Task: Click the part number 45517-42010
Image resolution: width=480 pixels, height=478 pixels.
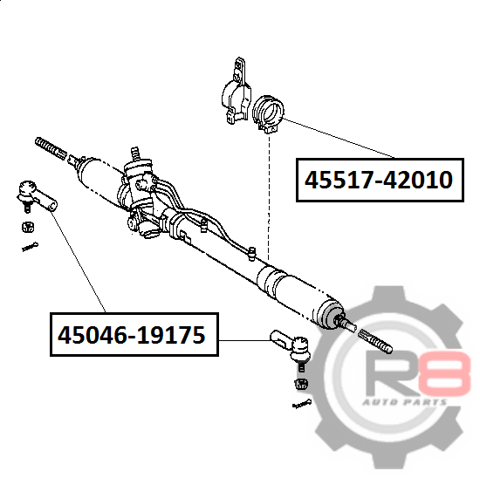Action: click(379, 180)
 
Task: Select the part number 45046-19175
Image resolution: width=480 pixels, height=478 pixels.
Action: click(132, 335)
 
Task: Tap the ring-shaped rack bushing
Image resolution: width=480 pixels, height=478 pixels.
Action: click(268, 114)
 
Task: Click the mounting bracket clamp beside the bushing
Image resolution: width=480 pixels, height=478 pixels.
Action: click(236, 91)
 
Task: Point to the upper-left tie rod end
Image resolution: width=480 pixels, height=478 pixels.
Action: click(36, 196)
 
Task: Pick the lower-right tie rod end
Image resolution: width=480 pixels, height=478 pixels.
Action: click(291, 349)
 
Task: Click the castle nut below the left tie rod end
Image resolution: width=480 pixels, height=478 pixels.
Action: click(28, 227)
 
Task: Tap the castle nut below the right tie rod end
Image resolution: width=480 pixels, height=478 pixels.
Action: click(302, 384)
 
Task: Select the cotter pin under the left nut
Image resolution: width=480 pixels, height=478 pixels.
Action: click(30, 247)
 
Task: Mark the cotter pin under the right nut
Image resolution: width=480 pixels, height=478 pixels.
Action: click(302, 404)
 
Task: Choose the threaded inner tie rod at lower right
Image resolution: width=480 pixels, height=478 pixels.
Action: click(375, 341)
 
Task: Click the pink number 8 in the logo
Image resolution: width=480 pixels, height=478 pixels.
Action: click(444, 373)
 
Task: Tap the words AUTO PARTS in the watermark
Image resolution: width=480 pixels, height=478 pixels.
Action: click(405, 402)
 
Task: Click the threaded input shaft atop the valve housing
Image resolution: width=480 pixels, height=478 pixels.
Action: click(135, 154)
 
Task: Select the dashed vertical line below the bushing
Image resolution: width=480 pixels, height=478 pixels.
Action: click(269, 197)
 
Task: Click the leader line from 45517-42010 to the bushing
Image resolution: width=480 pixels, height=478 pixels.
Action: click(339, 138)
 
